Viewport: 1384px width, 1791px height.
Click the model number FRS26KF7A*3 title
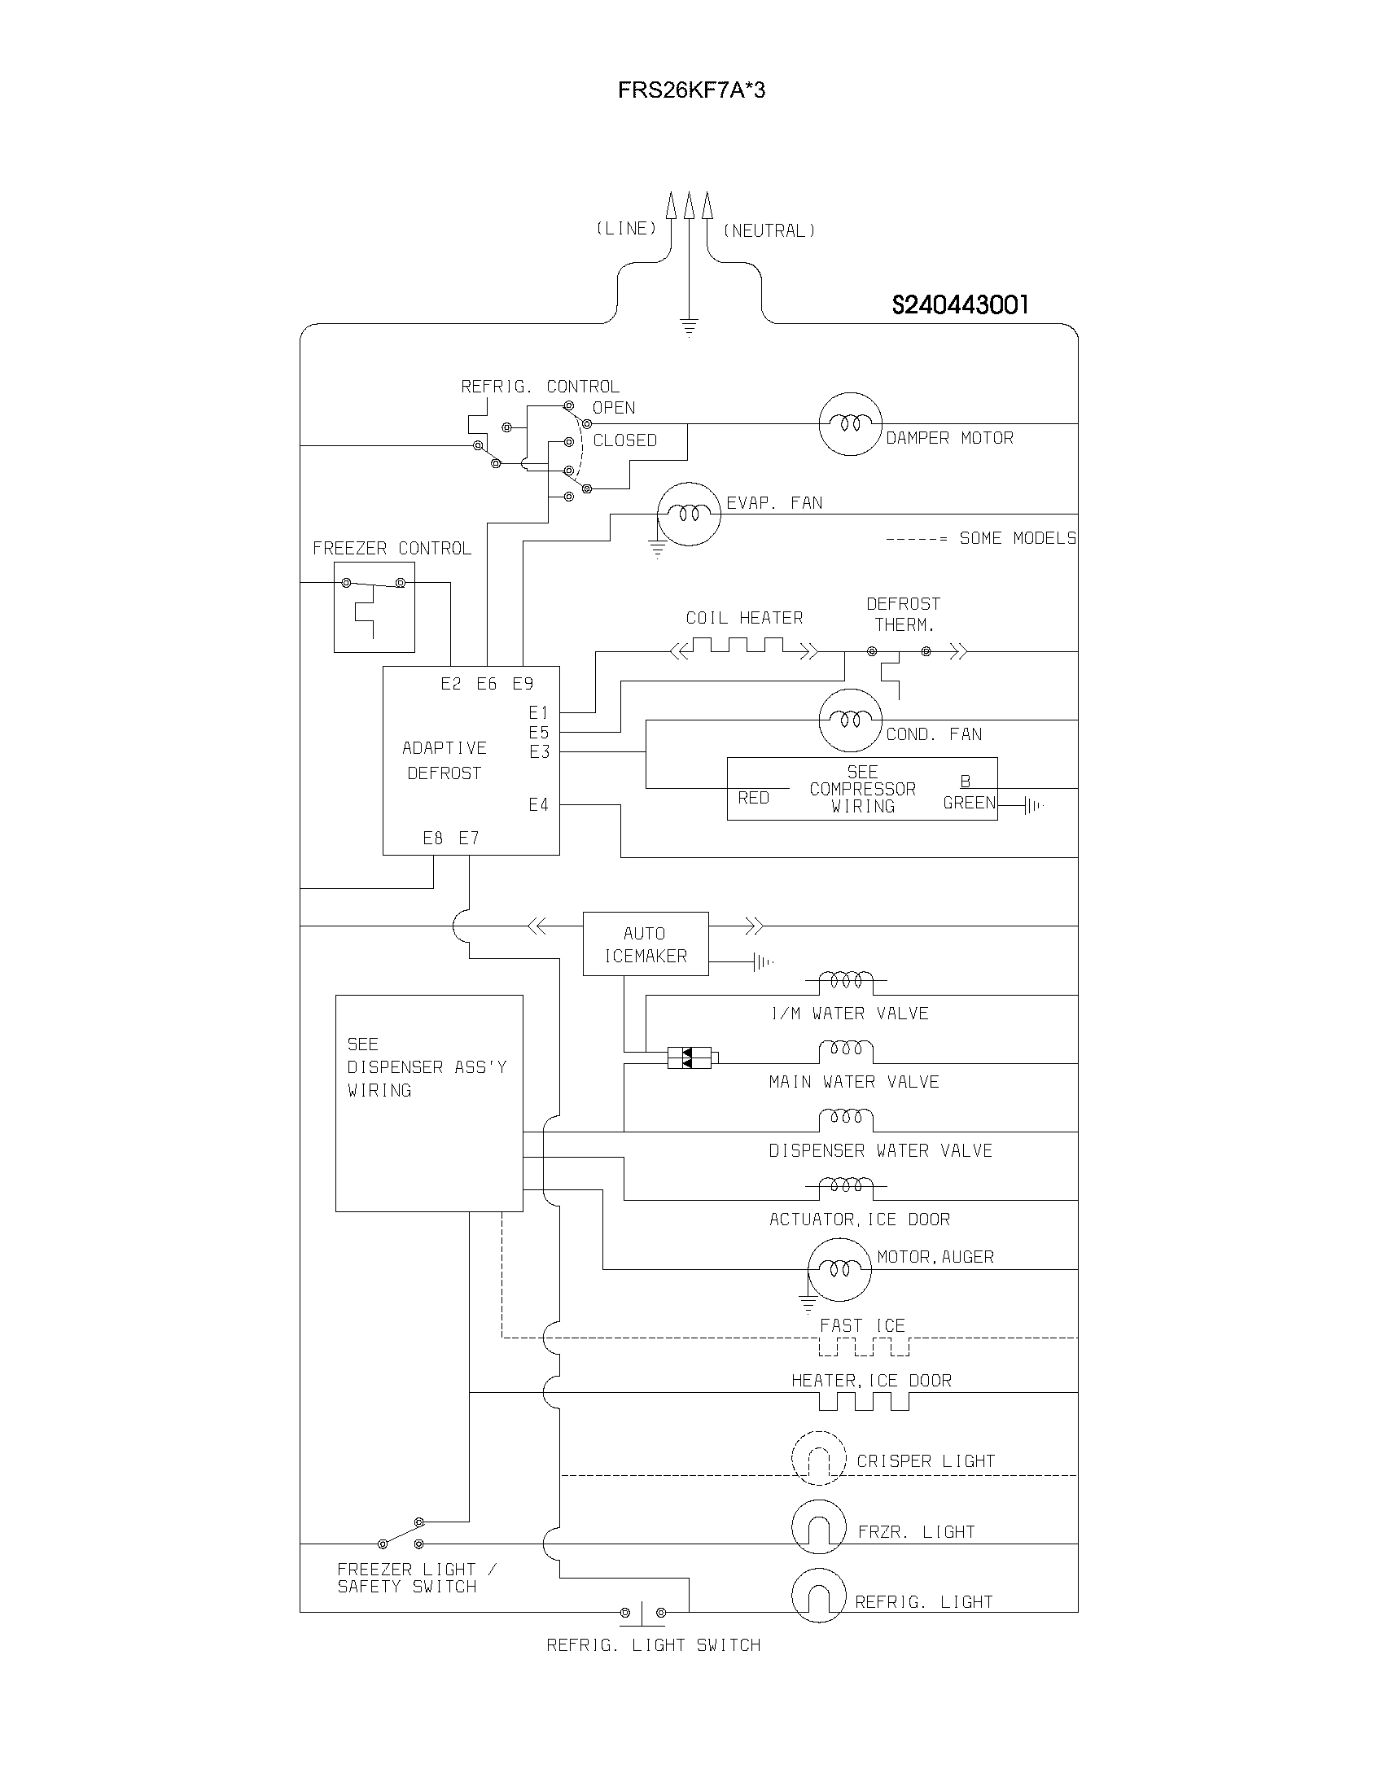click(x=691, y=90)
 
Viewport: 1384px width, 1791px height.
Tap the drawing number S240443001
click(x=959, y=305)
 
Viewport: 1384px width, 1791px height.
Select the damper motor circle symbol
click(x=850, y=424)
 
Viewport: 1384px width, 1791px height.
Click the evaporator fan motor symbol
click(x=689, y=515)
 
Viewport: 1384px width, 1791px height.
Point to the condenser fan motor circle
click(x=850, y=720)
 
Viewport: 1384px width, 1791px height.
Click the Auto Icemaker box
click(x=646, y=944)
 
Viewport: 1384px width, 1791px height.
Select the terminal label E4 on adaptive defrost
click(x=538, y=805)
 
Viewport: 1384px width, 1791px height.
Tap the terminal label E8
click(x=432, y=838)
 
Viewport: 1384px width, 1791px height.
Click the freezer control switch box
click(x=374, y=606)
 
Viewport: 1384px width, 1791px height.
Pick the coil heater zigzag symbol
click(x=744, y=649)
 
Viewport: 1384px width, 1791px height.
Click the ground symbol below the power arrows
click(x=689, y=328)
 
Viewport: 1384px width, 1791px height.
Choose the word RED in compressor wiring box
click(x=753, y=798)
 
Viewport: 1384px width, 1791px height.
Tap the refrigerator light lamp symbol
click(x=818, y=1595)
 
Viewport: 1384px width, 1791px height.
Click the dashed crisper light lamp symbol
click(x=818, y=1458)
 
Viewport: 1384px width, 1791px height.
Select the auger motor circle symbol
click(x=839, y=1269)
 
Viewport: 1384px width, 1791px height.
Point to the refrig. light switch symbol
click(x=642, y=1612)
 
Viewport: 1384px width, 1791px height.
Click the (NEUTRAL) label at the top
click(x=769, y=231)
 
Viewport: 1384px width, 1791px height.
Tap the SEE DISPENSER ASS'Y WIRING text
click(x=427, y=1067)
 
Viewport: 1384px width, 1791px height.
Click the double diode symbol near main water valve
click(x=689, y=1058)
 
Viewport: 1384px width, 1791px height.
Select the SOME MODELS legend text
click(x=1017, y=539)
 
